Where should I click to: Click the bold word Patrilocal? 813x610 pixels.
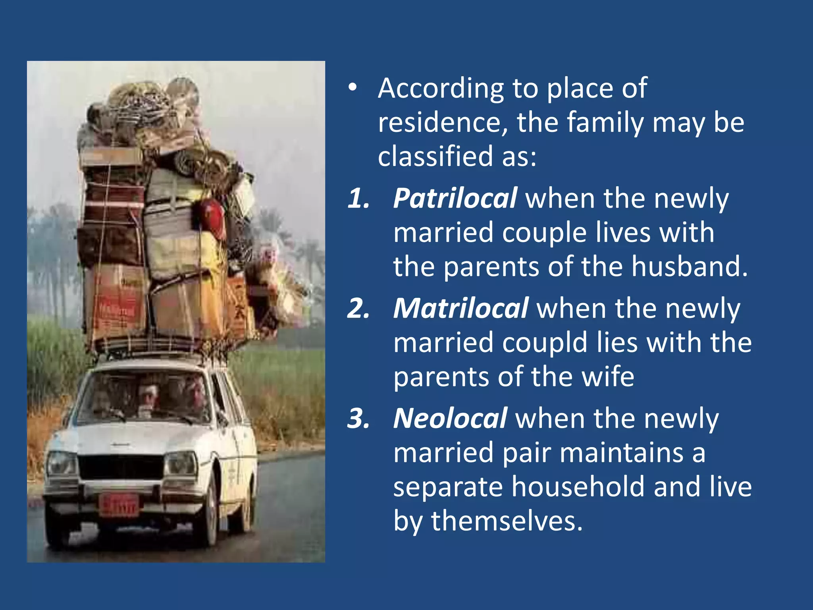455,198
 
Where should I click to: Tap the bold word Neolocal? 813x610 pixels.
450,419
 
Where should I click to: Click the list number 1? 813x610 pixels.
358,198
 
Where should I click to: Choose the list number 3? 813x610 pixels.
358,419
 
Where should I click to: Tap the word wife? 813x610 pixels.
607,376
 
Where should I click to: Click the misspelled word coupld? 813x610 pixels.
544,342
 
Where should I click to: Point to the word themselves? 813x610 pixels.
507,521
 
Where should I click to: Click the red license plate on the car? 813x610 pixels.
119,505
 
